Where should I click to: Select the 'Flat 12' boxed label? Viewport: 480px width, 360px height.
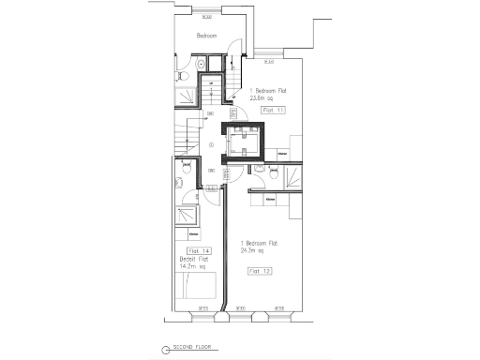pos(260,270)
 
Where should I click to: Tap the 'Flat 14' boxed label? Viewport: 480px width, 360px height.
pos(199,251)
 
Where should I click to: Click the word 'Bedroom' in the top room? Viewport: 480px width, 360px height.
pos(206,37)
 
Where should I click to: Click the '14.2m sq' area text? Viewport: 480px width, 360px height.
pos(198,266)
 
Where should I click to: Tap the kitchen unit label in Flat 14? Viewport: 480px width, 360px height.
pos(193,233)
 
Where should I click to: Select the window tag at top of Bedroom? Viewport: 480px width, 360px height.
pos(206,15)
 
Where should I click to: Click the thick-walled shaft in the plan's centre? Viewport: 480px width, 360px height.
pos(244,142)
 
